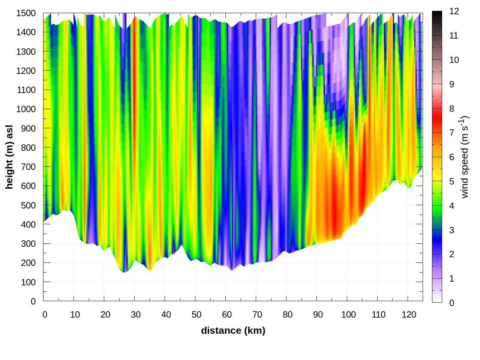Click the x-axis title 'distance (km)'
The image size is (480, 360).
pos(233,330)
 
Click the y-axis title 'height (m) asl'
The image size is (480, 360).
pos(9,157)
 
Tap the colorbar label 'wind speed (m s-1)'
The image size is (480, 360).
pos(464,157)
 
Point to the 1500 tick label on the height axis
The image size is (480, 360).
pos(26,13)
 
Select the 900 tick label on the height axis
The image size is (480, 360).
pos(28,128)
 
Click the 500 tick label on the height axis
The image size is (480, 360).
pos(28,205)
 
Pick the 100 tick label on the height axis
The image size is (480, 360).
pos(28,282)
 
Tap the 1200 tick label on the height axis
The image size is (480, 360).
pos(26,70)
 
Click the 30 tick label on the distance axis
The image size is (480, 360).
pos(136,315)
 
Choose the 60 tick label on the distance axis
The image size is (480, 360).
pos(227,315)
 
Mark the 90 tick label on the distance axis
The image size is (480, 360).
pos(318,315)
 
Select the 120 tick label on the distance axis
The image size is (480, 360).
pos(409,315)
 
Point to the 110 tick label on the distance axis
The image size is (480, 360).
pos(378,315)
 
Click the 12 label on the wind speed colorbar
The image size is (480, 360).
pos(454,11)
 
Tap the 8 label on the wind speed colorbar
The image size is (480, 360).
pos(452,108)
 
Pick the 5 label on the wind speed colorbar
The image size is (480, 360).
pos(452,181)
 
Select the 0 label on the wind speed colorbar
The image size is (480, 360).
pos(452,303)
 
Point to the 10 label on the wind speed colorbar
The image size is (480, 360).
pos(454,60)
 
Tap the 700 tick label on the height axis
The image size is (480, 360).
pos(28,166)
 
